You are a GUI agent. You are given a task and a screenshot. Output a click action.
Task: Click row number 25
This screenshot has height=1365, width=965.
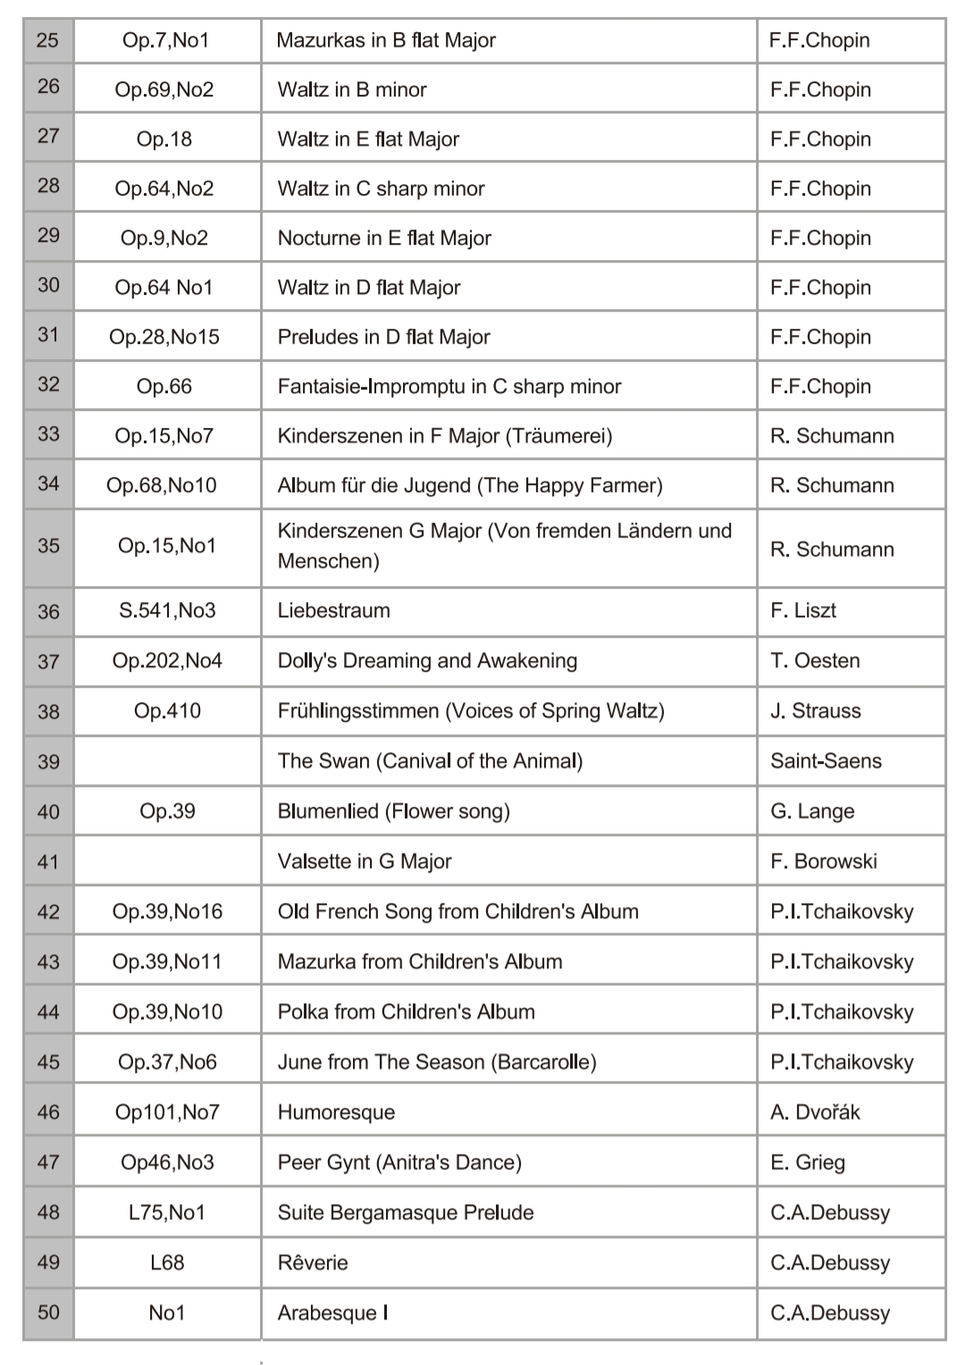48,40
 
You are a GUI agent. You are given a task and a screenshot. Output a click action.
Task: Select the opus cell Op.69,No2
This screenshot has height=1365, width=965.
164,89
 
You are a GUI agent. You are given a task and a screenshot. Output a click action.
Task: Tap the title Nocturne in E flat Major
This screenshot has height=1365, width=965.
384,238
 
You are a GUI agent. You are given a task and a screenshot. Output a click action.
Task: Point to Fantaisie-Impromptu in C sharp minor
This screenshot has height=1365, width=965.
449,386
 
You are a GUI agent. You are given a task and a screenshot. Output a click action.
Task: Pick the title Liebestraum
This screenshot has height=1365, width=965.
333,610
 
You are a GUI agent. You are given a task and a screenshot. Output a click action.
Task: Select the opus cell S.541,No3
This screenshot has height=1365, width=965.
167,610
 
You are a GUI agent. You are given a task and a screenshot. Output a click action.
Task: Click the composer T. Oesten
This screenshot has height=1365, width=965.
815,660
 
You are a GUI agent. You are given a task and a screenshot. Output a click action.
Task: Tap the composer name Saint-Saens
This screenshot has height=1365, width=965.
826,760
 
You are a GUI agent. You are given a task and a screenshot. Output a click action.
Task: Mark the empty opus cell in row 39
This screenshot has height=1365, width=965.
167,760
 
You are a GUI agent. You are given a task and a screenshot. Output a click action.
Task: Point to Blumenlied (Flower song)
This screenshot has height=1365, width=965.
393,811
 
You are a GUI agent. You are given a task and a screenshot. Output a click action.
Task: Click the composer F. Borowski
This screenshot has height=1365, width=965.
823,861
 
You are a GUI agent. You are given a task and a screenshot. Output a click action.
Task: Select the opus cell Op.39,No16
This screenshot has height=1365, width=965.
167,911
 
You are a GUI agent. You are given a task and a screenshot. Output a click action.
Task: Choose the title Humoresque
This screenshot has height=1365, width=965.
336,1112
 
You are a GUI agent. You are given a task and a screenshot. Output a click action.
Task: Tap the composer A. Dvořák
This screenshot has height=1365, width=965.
815,1112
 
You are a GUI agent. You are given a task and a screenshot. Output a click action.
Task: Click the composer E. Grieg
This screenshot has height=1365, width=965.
807,1162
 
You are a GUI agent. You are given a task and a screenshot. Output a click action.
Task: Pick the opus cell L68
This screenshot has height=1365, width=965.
167,1262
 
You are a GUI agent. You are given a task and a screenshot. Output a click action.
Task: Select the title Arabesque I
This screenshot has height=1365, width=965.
332,1312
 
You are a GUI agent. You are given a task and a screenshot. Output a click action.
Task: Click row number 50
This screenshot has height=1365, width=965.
48,1312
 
